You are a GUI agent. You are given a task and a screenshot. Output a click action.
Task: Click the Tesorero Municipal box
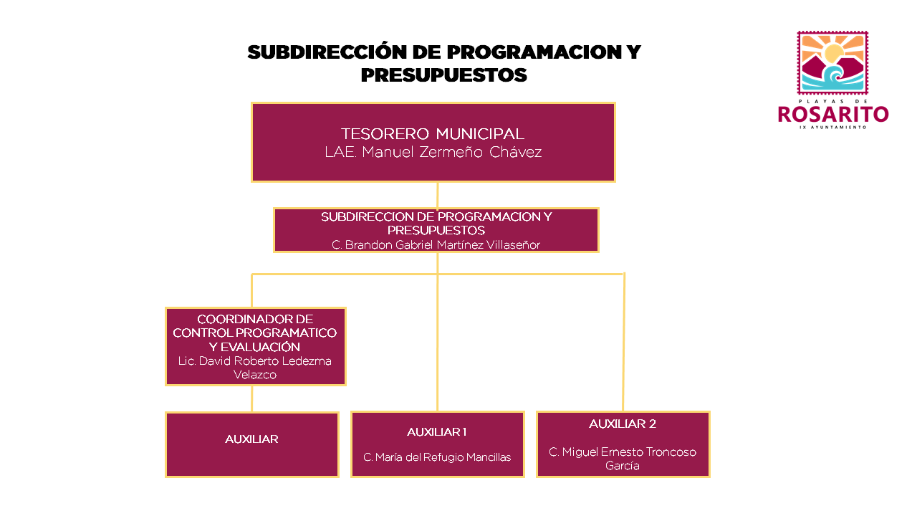pos(433,142)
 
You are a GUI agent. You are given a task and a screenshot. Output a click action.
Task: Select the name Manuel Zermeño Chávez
pos(451,153)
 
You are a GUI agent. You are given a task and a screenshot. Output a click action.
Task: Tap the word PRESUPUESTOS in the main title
pos(443,75)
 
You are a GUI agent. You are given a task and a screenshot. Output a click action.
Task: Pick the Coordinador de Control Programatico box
pos(256,346)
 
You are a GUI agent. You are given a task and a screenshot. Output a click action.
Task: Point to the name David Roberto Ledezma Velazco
pos(254,368)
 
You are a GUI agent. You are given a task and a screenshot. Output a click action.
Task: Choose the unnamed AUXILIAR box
pos(252,444)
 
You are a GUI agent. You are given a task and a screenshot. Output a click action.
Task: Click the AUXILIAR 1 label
pos(437,432)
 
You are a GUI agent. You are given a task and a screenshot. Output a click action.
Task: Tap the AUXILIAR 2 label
pos(623,424)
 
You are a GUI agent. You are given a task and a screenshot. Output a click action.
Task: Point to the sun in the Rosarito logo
pos(834,53)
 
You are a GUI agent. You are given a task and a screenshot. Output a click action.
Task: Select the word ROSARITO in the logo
pos(833,114)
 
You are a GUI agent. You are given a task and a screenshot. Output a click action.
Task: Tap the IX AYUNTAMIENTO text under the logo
pos(833,128)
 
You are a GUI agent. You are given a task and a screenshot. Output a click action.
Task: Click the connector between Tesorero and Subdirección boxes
pos(437,196)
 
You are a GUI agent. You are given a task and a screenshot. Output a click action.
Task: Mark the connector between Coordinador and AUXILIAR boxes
pos(251,399)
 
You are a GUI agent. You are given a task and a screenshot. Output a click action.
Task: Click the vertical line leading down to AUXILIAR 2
pos(623,342)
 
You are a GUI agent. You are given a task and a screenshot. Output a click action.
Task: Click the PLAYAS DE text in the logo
pos(833,101)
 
